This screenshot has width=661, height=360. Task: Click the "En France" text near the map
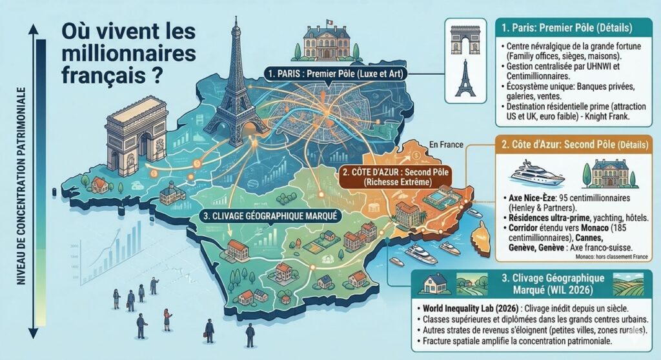point(446,145)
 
